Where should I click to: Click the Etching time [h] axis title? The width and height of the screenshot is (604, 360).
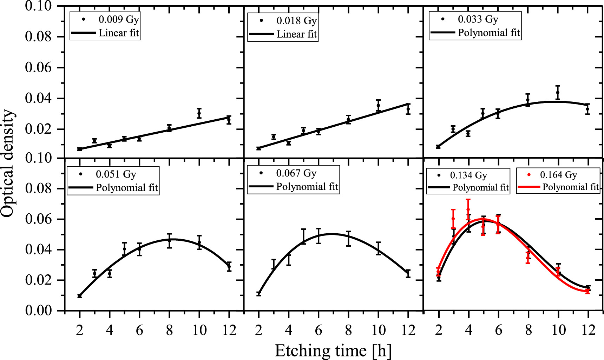[333, 351]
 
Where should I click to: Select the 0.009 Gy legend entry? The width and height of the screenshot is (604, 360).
[119, 19]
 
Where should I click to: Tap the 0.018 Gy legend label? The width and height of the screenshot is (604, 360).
[296, 21]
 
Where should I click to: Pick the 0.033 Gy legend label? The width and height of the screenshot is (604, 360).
[478, 19]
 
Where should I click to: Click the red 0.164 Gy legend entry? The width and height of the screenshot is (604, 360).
[558, 175]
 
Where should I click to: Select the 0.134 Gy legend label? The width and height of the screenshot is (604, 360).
[468, 175]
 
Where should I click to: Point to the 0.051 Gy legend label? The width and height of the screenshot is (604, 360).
[116, 174]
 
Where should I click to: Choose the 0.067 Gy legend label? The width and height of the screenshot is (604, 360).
[296, 173]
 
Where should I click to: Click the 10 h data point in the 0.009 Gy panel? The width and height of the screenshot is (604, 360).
[199, 113]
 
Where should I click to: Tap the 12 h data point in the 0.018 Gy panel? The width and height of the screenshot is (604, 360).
[408, 109]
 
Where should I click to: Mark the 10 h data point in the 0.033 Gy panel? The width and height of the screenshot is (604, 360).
[558, 93]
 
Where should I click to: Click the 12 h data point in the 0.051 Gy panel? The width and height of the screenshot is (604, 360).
[229, 266]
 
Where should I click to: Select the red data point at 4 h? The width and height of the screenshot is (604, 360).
[468, 209]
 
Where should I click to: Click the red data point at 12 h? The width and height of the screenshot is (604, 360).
[588, 291]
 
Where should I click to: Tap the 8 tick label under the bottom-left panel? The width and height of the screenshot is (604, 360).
[169, 330]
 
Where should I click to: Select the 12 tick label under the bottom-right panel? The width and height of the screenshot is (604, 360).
[588, 330]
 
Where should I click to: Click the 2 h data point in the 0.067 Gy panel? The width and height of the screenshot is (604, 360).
[259, 293]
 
